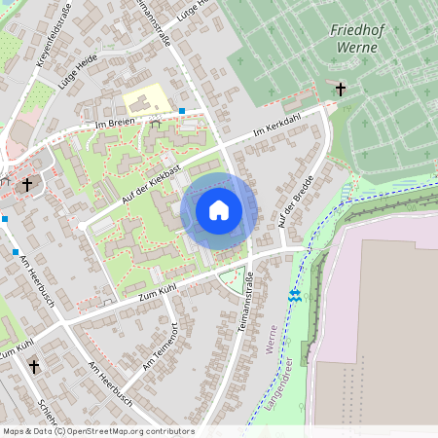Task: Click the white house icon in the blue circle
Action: (219, 210)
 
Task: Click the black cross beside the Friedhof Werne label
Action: (341, 90)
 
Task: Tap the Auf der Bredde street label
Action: (294, 202)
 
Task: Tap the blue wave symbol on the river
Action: (295, 295)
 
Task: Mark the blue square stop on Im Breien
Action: (182, 112)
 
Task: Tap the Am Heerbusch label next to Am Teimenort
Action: (110, 383)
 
